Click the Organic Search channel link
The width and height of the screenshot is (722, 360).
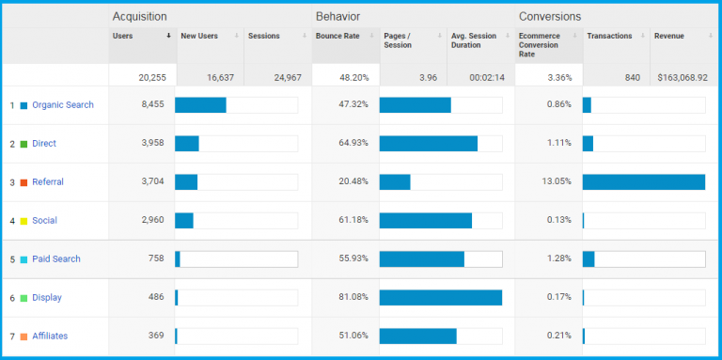[x=63, y=105]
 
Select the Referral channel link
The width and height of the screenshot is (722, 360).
[x=48, y=182]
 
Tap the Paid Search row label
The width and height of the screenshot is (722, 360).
[x=56, y=259]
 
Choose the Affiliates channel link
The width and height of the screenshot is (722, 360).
[x=50, y=336]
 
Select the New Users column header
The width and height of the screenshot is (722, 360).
[x=199, y=37]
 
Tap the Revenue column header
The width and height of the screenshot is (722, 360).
[x=669, y=37]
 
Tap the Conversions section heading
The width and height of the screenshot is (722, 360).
[x=550, y=16]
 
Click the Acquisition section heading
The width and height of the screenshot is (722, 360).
[x=139, y=16]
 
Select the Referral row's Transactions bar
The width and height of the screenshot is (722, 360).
[x=644, y=182]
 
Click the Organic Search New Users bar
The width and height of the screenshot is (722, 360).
[x=200, y=105]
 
